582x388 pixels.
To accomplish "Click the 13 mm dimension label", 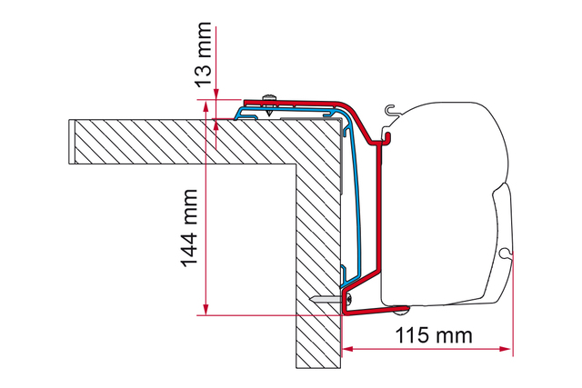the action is click(x=204, y=55).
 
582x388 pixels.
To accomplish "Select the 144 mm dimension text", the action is click(x=189, y=228).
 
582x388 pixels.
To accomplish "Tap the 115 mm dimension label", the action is click(x=434, y=335).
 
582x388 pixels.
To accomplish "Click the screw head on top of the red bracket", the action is click(x=270, y=97).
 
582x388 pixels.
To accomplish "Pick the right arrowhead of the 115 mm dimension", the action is click(x=506, y=349).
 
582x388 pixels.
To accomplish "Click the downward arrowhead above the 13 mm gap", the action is click(x=216, y=95).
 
